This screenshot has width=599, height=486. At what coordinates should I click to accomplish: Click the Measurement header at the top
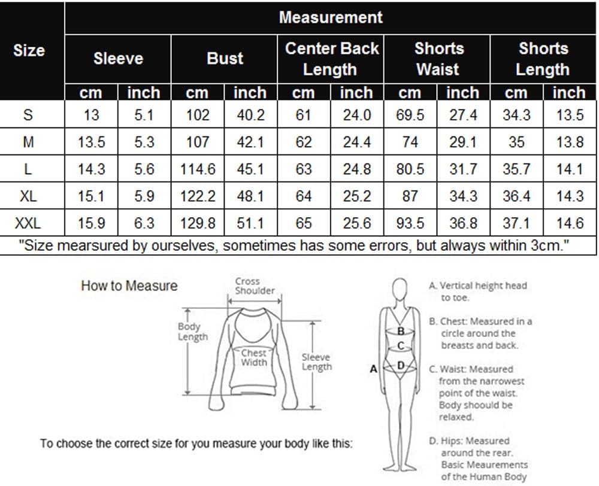[x=331, y=17]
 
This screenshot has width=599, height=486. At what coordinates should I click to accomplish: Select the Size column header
[x=29, y=50]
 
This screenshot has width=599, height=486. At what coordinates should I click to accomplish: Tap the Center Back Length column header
[x=331, y=59]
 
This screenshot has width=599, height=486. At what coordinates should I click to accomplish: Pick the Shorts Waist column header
[x=438, y=59]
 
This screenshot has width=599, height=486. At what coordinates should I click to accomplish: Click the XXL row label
[x=28, y=223]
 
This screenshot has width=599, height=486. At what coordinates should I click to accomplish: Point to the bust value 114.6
[x=198, y=169]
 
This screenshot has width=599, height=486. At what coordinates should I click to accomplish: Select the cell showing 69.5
[x=410, y=115]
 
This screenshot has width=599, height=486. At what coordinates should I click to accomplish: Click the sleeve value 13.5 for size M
[x=91, y=142]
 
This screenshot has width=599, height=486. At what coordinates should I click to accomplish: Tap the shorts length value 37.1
[x=516, y=223]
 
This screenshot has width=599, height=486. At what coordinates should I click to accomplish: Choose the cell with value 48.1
[x=250, y=196]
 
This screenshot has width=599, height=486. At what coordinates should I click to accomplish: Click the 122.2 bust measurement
[x=198, y=196]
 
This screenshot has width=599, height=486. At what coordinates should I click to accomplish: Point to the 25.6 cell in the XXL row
[x=357, y=223]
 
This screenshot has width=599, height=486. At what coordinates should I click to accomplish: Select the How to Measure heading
[x=129, y=285]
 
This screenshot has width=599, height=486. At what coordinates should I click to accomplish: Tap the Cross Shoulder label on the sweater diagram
[x=255, y=286]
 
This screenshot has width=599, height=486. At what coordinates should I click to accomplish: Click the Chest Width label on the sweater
[x=253, y=358]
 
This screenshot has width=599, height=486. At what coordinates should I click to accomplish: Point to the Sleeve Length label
[x=317, y=362]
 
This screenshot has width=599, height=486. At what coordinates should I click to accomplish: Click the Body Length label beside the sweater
[x=192, y=332]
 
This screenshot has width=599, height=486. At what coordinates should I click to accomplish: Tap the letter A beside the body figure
[x=373, y=369]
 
